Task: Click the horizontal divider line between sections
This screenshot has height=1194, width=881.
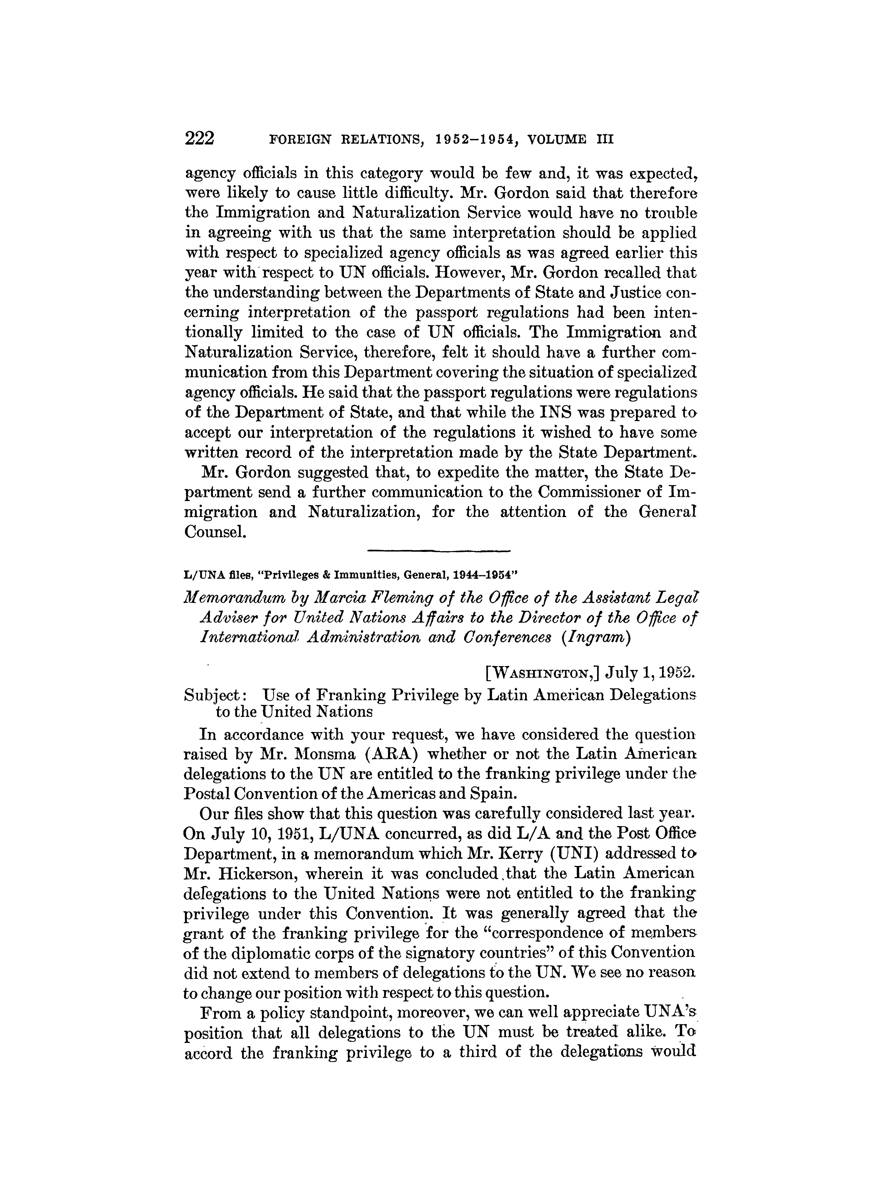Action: [x=439, y=550]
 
